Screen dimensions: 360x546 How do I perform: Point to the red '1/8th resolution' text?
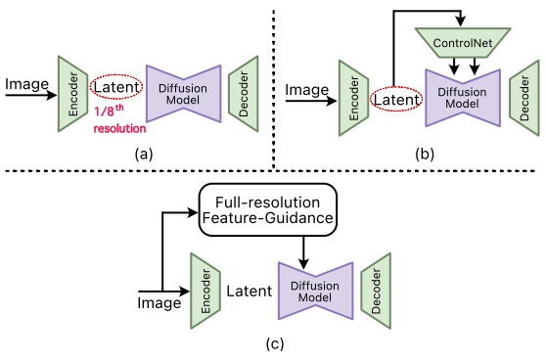(x=119, y=120)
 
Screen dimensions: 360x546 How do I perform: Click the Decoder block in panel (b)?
(x=523, y=98)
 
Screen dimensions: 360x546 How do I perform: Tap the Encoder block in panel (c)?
(x=205, y=287)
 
